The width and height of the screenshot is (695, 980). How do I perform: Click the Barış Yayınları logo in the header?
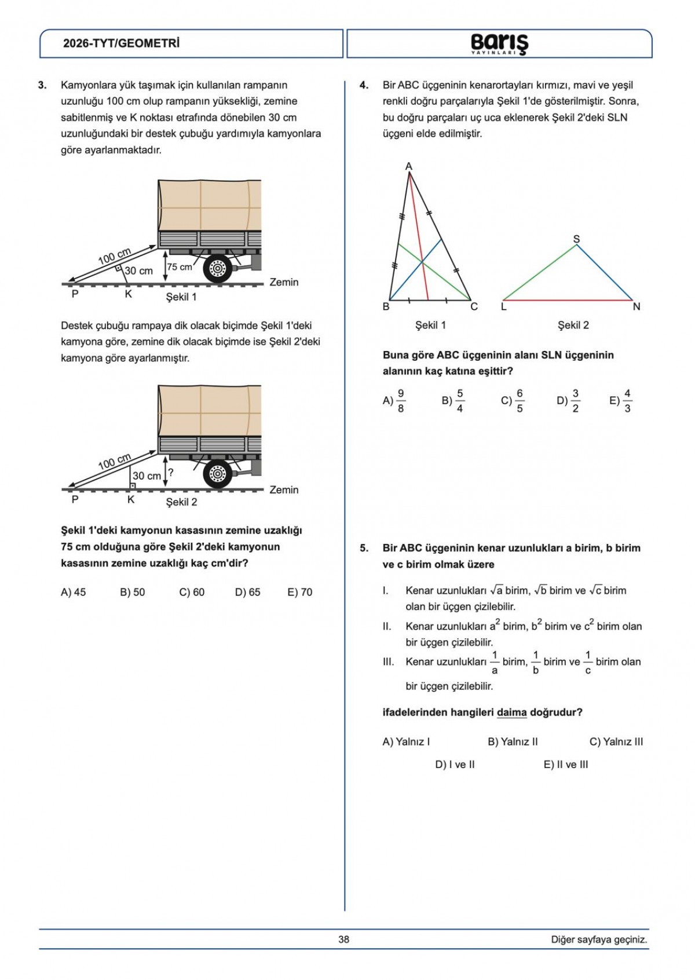pyautogui.click(x=499, y=43)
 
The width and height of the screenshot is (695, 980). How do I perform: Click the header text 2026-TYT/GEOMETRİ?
pyautogui.click(x=121, y=43)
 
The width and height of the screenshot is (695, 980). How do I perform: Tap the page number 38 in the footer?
pyautogui.click(x=344, y=939)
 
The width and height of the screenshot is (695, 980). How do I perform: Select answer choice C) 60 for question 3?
pyautogui.click(x=192, y=592)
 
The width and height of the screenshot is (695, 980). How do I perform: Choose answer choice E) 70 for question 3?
pyautogui.click(x=299, y=592)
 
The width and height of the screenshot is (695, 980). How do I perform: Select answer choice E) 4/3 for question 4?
pyautogui.click(x=620, y=401)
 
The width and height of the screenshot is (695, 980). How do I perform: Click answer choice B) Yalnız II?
pyautogui.click(x=513, y=741)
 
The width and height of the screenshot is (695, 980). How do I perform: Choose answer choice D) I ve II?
pyautogui.click(x=455, y=765)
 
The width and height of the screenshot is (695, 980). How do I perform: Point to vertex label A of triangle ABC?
pyautogui.click(x=409, y=167)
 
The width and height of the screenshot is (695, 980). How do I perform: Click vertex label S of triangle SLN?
pyautogui.click(x=576, y=239)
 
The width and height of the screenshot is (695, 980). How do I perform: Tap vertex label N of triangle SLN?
pyautogui.click(x=637, y=307)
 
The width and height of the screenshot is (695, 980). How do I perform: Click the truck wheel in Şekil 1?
pyautogui.click(x=218, y=268)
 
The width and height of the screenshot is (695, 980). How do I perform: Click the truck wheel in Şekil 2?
pyautogui.click(x=218, y=474)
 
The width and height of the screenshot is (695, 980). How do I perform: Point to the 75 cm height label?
pyautogui.click(x=180, y=267)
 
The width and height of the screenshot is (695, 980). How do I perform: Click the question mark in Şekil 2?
pyautogui.click(x=171, y=473)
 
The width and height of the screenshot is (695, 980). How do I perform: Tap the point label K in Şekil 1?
pyautogui.click(x=129, y=294)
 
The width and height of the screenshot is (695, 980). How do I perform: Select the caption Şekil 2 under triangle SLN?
pyautogui.click(x=573, y=325)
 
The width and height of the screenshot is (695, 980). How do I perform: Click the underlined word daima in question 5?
pyautogui.click(x=511, y=712)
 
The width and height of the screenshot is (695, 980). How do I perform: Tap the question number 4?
pyautogui.click(x=364, y=85)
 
